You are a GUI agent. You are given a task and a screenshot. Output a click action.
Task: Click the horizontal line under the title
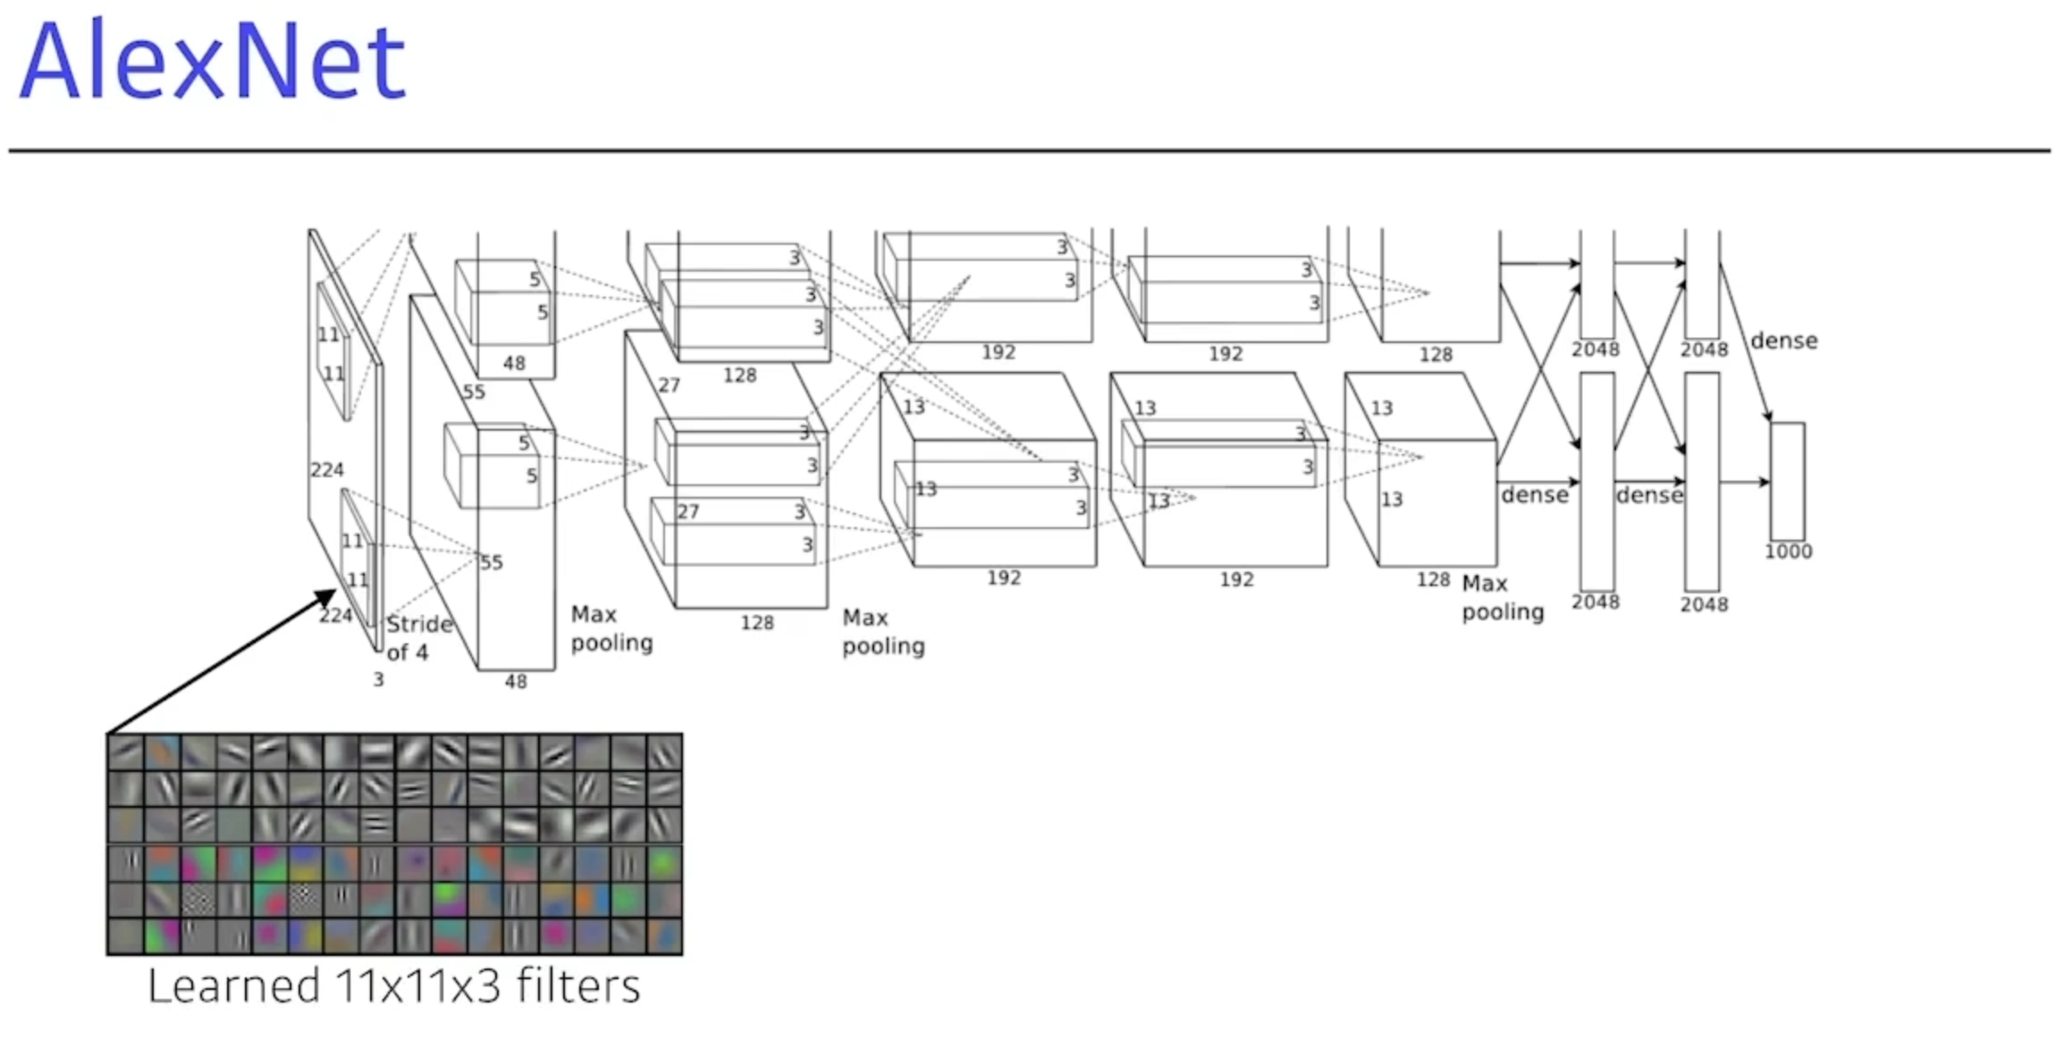[x=1028, y=151]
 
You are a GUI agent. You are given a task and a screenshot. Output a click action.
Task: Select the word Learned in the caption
[x=233, y=986]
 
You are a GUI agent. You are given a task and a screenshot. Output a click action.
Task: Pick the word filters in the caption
[x=578, y=986]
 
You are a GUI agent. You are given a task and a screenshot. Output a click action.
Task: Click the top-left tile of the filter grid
[x=125, y=752]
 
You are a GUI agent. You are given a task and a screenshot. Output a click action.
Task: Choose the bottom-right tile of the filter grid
[x=664, y=935]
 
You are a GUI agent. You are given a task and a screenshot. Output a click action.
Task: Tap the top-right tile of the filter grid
[x=664, y=752]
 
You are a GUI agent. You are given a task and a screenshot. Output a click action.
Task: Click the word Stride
[x=419, y=624]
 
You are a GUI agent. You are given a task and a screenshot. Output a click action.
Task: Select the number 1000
[x=1788, y=551]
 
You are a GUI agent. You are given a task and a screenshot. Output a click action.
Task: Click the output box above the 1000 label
[x=1787, y=481]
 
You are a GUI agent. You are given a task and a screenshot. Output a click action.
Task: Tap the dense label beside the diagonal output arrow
[x=1783, y=340]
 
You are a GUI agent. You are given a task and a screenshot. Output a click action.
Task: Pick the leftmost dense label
[x=1534, y=495]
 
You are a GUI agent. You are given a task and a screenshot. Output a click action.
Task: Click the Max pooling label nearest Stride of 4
[x=611, y=628]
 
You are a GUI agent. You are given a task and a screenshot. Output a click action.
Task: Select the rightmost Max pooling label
[x=1503, y=598]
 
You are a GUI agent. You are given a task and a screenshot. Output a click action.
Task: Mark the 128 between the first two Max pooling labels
[x=756, y=623]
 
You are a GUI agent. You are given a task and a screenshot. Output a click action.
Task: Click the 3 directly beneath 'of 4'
[x=378, y=680]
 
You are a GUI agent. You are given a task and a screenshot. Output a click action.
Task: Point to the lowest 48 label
[x=516, y=682]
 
